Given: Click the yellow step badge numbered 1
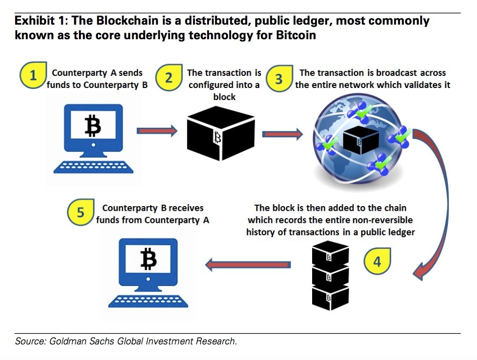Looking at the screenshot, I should [x=34, y=76].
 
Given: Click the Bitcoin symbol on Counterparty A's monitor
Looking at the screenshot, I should [x=92, y=126].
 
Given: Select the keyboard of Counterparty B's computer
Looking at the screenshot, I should [x=148, y=300].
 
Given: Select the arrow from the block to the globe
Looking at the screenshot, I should [x=282, y=134].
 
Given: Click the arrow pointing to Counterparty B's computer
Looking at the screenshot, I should [x=248, y=264].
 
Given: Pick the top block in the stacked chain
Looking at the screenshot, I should [x=330, y=256].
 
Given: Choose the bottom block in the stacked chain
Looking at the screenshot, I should [x=330, y=297].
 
